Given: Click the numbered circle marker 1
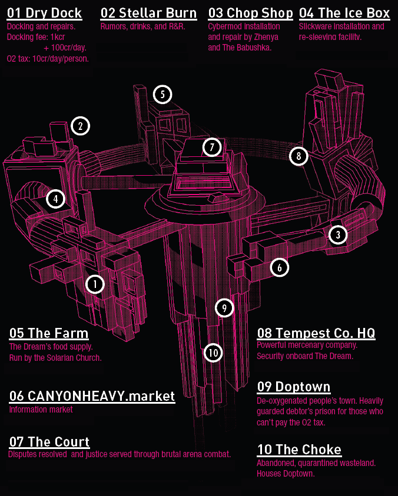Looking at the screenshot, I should [x=95, y=284].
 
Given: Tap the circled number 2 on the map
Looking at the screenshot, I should [x=81, y=125].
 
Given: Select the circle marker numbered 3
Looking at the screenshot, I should [x=337, y=235].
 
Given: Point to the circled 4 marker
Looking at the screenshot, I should [x=55, y=199].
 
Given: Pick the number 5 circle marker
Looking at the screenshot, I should [x=162, y=93].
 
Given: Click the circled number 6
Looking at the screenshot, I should [x=280, y=267].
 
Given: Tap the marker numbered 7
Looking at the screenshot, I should [x=211, y=147].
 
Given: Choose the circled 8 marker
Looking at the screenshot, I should [x=298, y=156].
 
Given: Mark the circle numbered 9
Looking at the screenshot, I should [x=224, y=307].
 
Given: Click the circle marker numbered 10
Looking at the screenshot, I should [x=213, y=353].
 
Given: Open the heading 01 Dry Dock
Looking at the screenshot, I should [x=44, y=13].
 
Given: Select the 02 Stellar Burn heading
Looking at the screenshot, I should [x=148, y=13].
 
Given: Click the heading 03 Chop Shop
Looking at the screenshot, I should [x=250, y=13].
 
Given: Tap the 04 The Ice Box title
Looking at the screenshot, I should [x=344, y=13].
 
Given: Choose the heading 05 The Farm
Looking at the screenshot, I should [x=49, y=333].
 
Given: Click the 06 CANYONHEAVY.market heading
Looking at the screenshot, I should [x=92, y=396].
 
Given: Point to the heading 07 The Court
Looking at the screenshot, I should [x=49, y=441].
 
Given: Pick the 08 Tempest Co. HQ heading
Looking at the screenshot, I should [x=316, y=333].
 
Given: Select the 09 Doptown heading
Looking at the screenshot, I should [x=294, y=387].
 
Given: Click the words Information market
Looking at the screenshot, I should [x=41, y=409].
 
